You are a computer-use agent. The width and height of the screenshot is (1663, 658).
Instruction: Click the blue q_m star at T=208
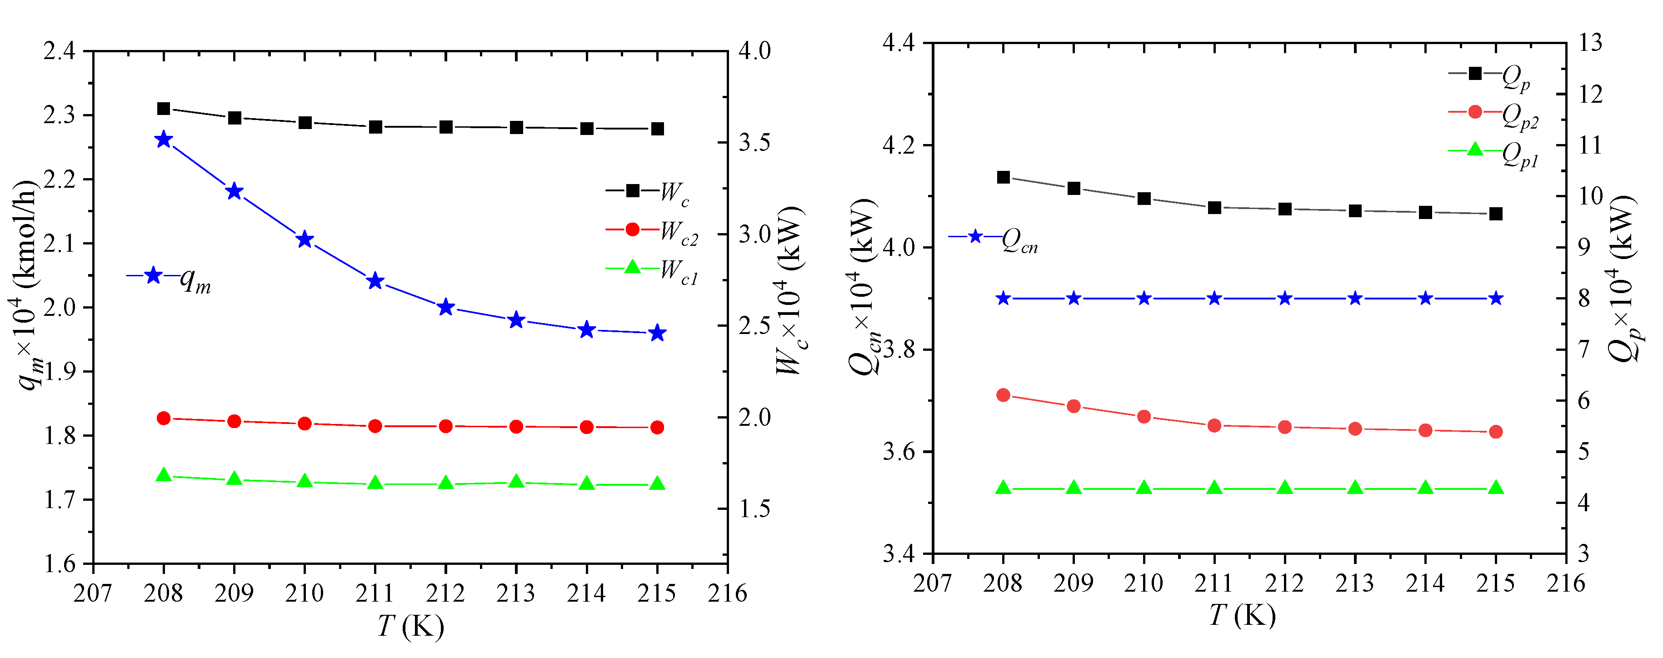163,140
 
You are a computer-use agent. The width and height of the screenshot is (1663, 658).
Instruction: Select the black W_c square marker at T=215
657,129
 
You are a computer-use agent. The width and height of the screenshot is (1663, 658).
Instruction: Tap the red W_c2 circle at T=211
375,426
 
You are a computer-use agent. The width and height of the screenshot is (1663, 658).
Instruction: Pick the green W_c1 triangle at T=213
516,482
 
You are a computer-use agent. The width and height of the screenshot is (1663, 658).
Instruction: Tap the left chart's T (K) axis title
410,626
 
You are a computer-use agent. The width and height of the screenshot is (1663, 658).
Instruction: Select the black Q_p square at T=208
1003,177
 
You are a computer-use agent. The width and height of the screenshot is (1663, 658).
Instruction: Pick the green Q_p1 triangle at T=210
1144,488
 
